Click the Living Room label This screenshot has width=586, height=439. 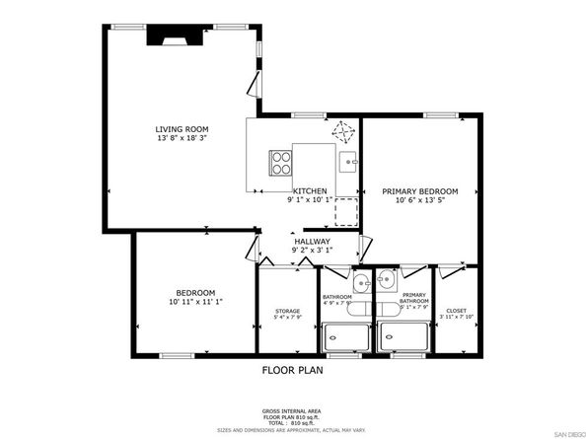[x=183, y=129]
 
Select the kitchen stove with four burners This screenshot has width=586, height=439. [x=280, y=160]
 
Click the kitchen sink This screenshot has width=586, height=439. [x=347, y=160]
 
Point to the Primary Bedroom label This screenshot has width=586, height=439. [x=420, y=190]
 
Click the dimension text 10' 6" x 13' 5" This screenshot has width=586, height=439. [x=420, y=200]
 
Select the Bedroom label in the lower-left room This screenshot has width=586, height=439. [x=190, y=292]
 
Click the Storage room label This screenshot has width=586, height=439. [x=287, y=312]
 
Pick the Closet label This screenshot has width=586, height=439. [x=456, y=311]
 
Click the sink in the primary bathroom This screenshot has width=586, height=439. [x=386, y=284]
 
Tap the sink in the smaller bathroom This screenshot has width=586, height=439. [x=360, y=284]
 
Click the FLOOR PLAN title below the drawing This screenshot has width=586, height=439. [x=292, y=371]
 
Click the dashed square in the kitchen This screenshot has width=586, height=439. [x=346, y=212]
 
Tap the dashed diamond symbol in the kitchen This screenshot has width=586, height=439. [x=343, y=131]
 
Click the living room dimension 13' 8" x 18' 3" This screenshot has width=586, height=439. [x=183, y=140]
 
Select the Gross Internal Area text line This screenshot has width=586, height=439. [x=291, y=409]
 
